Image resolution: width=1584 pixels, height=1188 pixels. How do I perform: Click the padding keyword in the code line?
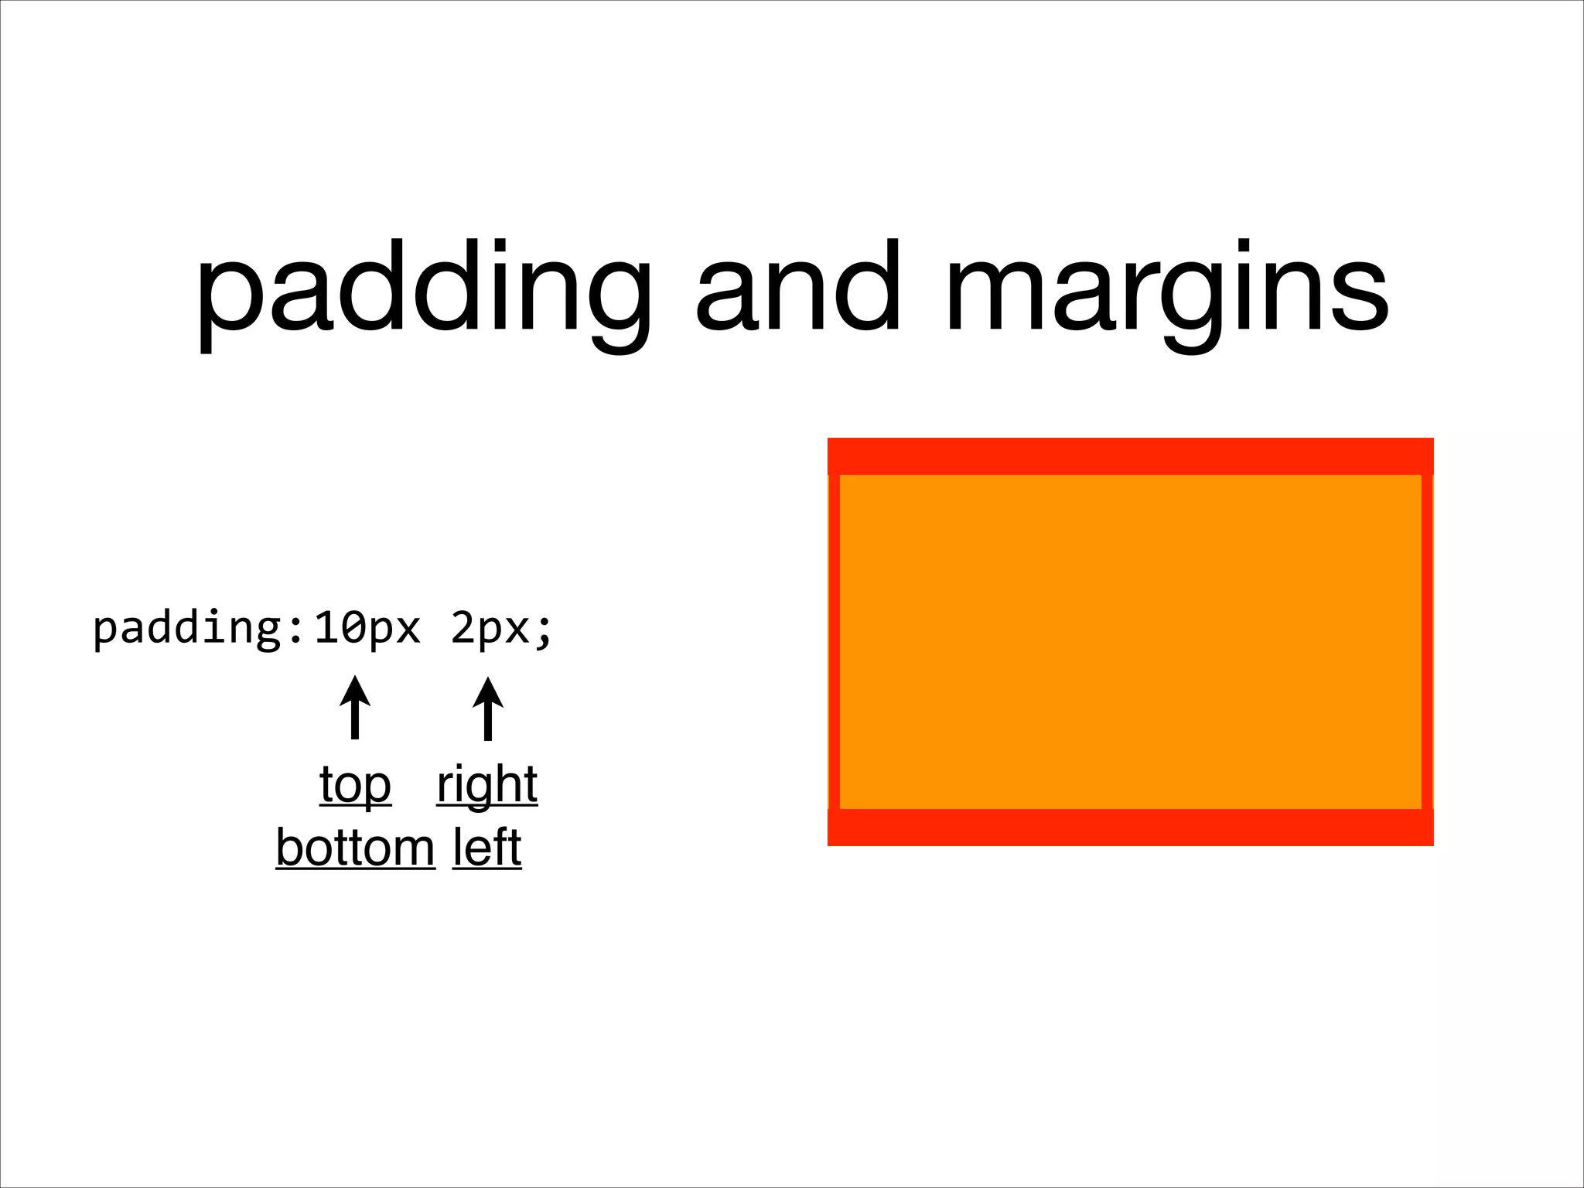[x=188, y=628]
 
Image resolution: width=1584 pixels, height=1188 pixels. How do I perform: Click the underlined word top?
[x=355, y=785]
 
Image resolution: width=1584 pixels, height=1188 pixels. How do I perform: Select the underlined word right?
[x=486, y=785]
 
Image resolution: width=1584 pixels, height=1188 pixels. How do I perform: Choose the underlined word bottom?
[x=355, y=848]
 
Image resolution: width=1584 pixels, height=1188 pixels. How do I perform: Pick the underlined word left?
[x=486, y=848]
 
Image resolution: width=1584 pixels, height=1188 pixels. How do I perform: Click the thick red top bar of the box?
[x=1130, y=456]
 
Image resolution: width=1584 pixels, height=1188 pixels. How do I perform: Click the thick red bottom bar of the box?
[x=1130, y=828]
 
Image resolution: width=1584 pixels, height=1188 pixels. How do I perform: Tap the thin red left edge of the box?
[x=835, y=642]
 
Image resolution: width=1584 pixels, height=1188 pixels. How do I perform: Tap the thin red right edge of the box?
[x=1427, y=642]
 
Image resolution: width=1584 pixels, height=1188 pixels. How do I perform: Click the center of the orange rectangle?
[x=1130, y=642]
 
